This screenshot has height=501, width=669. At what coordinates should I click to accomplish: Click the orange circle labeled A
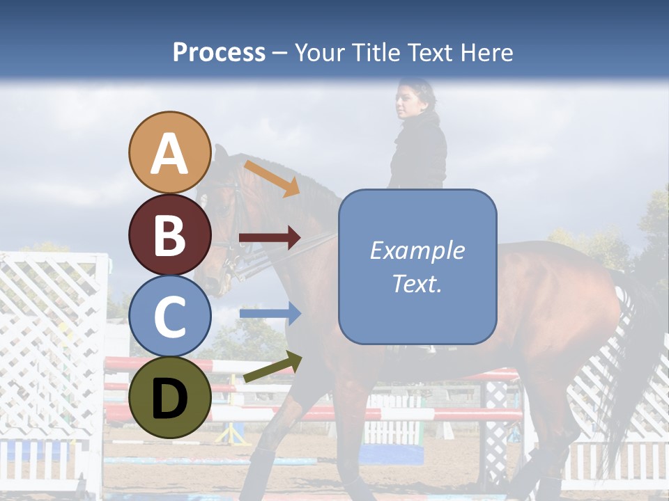[x=170, y=152]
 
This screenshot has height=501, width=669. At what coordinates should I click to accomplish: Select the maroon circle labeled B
[x=170, y=234]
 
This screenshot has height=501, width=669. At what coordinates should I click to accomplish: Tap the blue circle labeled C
[x=170, y=316]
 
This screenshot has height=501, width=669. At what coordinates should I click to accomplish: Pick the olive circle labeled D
[x=170, y=397]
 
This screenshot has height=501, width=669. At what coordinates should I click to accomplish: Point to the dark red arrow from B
[x=269, y=238]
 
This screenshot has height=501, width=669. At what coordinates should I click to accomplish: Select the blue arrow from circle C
[x=270, y=314]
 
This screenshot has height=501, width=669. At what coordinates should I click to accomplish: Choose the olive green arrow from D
[x=272, y=367]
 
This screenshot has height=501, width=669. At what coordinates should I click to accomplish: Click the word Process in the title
[x=219, y=52]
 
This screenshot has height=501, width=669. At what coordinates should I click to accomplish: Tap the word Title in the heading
[x=376, y=52]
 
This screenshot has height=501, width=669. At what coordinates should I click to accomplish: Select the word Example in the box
[x=417, y=250]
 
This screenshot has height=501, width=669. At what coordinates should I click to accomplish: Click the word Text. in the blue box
[x=417, y=283]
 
